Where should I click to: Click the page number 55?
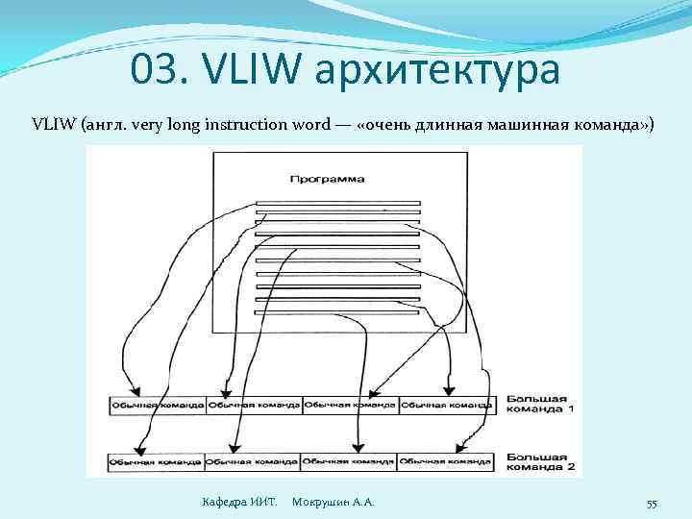[651, 504]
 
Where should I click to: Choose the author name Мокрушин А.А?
[333, 503]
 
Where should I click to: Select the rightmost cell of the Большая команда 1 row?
[446, 406]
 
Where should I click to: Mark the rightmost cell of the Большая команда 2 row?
[446, 462]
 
